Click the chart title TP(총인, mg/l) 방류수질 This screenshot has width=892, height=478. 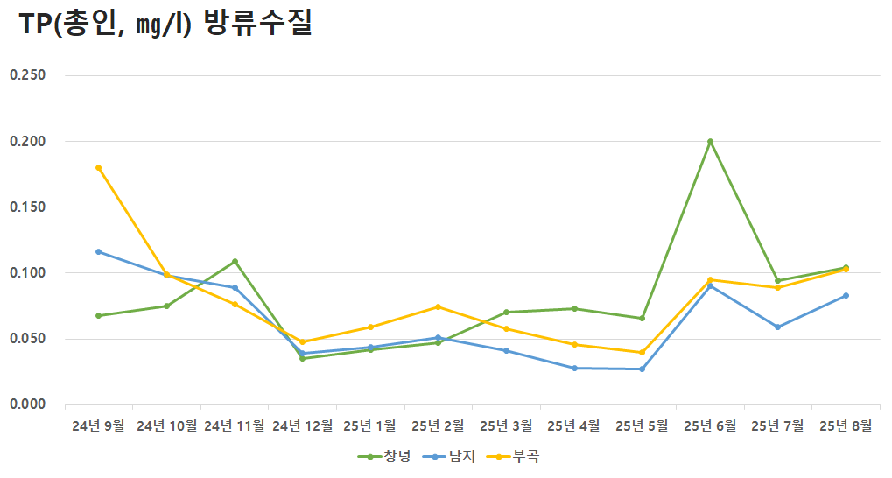166,25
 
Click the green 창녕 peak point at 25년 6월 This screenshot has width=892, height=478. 710,141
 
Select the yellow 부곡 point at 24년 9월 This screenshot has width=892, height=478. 99,167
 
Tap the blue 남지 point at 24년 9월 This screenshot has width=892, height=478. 99,251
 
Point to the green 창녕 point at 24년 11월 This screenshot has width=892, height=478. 235,261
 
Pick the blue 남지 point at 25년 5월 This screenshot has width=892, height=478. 642,369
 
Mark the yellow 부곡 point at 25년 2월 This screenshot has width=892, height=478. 438,306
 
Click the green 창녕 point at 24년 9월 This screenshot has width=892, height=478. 99,315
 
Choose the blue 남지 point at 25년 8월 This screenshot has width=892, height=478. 846,295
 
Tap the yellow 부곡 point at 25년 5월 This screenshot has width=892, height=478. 642,353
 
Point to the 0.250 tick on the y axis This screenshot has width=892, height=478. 27,75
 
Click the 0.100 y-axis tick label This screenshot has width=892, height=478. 27,273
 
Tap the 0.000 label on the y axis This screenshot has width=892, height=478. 27,404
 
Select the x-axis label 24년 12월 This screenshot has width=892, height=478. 303,426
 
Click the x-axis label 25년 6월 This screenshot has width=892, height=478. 710,426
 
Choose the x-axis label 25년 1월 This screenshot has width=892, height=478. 370,426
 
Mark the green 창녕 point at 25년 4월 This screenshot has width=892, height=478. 574,308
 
